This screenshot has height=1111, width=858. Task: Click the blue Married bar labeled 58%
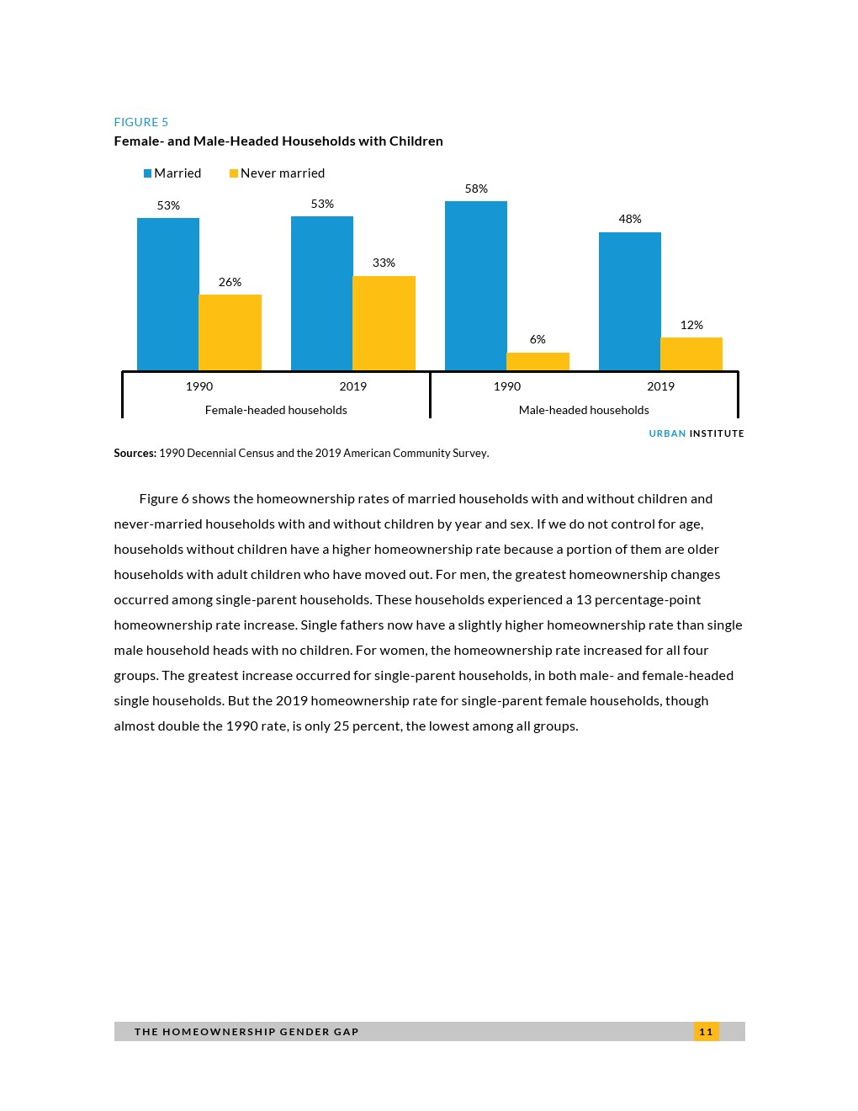point(475,285)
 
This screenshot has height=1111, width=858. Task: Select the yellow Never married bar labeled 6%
point(538,362)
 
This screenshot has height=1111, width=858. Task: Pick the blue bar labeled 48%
point(629,300)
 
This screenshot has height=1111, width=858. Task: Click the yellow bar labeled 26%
point(230,332)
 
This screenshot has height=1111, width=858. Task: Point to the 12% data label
point(691,325)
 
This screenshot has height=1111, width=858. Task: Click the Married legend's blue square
point(147,173)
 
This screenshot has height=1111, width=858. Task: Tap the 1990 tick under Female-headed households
point(199,386)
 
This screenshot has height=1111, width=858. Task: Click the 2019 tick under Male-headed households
point(660,386)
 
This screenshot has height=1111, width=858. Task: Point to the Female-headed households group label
point(276,410)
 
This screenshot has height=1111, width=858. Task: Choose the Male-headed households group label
point(584,410)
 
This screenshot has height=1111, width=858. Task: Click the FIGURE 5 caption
point(141,122)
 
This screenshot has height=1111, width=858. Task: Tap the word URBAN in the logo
point(667,433)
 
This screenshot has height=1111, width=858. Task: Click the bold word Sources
point(135,453)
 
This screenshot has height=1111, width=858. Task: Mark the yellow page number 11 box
point(706,1031)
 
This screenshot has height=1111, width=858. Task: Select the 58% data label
point(476,189)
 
